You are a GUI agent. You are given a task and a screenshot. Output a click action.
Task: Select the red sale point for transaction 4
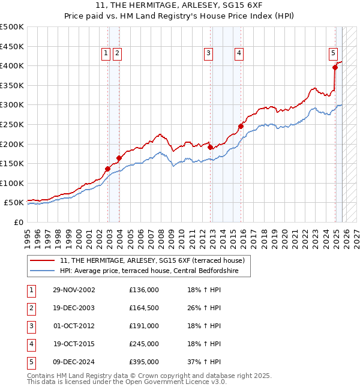[x=241, y=126]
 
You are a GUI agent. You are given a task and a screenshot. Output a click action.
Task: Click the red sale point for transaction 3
[x=210, y=147]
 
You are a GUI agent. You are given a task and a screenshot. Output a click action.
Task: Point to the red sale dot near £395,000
[x=335, y=67]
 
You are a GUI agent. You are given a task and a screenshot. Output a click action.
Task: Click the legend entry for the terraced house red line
[x=152, y=261]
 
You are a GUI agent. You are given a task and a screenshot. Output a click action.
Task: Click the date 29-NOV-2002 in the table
[x=74, y=290]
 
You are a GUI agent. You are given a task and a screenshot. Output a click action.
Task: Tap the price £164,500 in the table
[x=144, y=308]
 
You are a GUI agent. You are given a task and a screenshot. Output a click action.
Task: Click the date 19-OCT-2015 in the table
[x=74, y=344]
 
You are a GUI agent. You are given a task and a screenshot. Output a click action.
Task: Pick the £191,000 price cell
[x=144, y=326]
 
